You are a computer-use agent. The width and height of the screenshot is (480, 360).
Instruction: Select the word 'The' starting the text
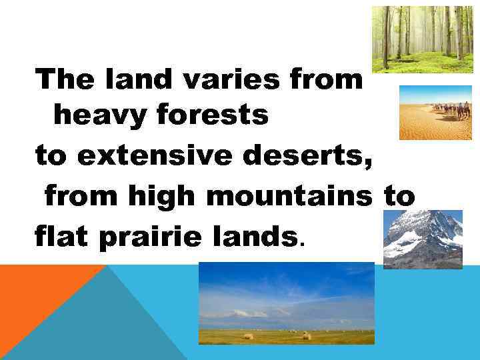(64, 81)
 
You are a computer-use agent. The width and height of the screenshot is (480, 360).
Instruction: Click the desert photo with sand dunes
(435, 112)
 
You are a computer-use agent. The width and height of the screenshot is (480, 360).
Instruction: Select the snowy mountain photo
(423, 239)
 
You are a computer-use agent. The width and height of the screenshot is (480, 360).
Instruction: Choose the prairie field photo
(286, 303)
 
